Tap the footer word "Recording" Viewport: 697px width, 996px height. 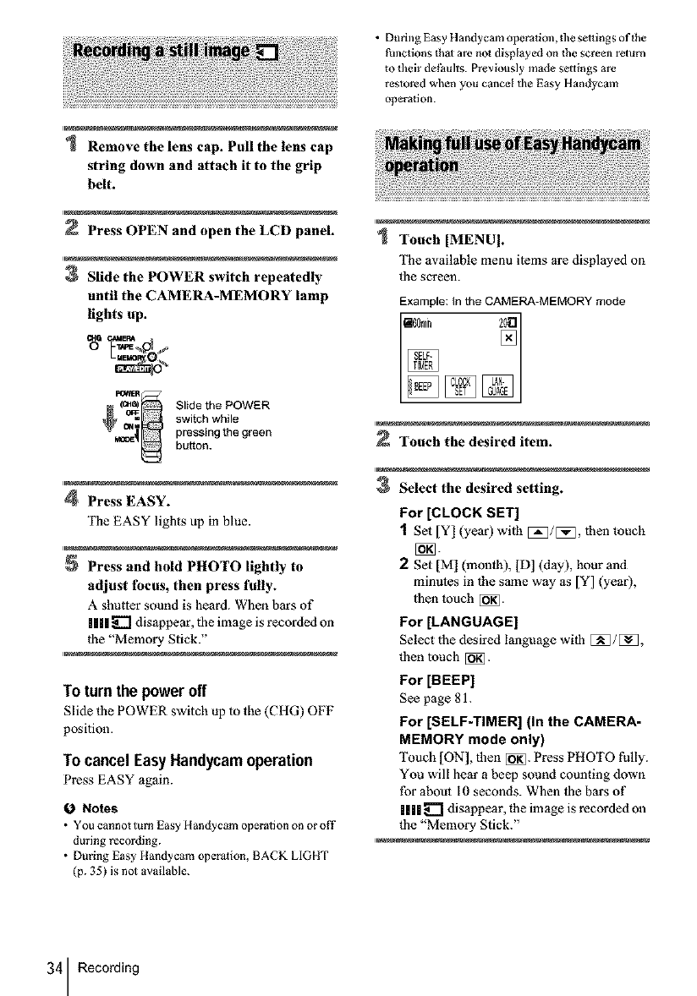[107, 967]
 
